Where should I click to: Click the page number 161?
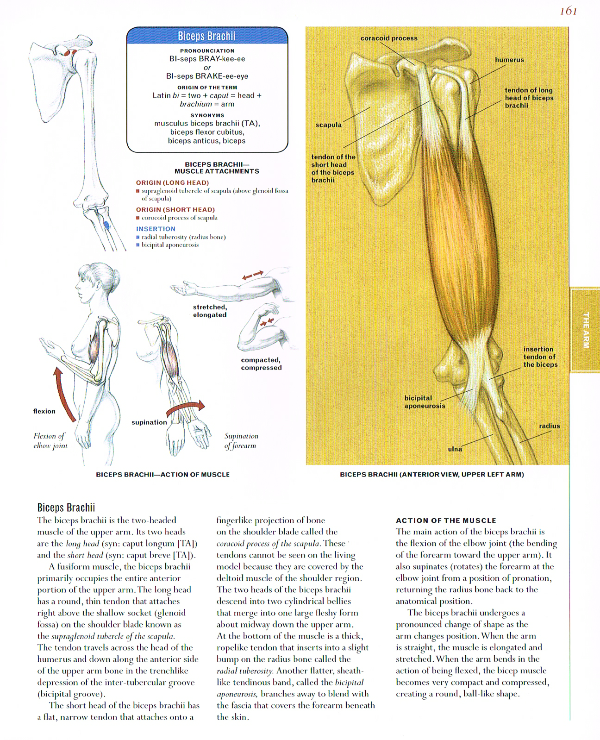[568, 11]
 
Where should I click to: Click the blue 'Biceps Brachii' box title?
[206, 36]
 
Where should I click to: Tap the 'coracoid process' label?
[389, 38]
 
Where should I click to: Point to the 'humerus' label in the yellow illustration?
[509, 60]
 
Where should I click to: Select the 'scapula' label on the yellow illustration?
[328, 125]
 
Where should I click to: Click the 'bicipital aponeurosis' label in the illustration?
[425, 401]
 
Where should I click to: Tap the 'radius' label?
[549, 426]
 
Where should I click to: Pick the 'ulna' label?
[455, 449]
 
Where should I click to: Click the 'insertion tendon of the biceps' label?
[540, 357]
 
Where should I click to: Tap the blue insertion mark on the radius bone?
[106, 226]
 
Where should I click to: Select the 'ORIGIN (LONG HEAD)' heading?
[172, 182]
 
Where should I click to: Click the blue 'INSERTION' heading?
[156, 229]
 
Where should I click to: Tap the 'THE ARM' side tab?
[586, 330]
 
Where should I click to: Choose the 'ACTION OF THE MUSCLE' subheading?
[446, 521]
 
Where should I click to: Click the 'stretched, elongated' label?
[210, 311]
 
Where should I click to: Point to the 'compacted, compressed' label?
[261, 364]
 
